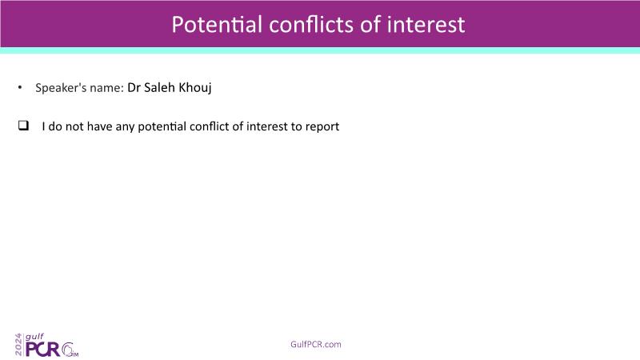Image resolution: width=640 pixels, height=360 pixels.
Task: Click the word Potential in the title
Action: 217,24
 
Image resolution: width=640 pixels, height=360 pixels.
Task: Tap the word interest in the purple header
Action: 426,24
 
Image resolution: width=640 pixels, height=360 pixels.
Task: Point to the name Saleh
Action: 159,87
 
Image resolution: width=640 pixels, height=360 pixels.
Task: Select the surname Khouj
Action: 195,88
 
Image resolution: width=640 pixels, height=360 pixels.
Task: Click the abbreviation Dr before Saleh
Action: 134,87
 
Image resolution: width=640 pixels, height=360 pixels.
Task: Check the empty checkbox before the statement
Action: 24,126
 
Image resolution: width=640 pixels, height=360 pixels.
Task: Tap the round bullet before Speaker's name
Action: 19,87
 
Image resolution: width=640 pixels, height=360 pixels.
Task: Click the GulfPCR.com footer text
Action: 316,344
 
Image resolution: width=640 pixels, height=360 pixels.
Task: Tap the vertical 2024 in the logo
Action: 18,345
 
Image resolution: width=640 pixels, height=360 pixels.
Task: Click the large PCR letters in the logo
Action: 42,350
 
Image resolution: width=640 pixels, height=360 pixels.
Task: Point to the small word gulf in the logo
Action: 34,337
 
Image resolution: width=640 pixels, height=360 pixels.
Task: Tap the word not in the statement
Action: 74,126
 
